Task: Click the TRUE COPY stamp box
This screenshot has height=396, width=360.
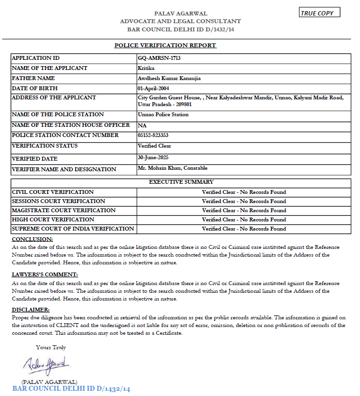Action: pos(319,13)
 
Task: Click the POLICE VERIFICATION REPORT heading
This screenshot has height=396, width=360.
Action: pos(165,45)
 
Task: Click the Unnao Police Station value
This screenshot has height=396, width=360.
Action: pos(163,115)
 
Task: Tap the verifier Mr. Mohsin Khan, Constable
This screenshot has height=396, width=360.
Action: pos(172,168)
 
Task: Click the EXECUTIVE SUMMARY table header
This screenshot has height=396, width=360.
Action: pos(181,182)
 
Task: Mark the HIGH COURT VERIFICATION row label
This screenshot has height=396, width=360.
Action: pos(53,219)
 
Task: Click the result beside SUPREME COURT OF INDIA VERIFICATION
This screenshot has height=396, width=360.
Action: pos(244,229)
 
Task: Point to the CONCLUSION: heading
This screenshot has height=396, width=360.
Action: pos(32,239)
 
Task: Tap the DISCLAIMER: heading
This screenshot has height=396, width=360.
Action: pos(30,310)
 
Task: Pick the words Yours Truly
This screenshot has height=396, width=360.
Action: pos(51,347)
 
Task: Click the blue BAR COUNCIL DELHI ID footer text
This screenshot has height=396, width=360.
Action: pos(71,389)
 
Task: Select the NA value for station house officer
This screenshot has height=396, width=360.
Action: pos(142,125)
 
